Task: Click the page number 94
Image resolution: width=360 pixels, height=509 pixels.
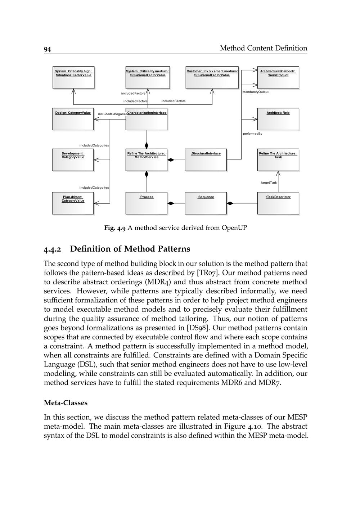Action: (47, 49)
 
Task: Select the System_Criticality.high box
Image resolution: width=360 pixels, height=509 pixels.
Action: (73, 77)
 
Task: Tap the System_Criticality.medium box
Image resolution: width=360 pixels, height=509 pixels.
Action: (148, 77)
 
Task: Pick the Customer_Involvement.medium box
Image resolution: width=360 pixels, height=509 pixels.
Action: (212, 77)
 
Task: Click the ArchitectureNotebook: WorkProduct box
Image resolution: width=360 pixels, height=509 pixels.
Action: (278, 77)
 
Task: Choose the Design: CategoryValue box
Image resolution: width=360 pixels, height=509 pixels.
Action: (73, 119)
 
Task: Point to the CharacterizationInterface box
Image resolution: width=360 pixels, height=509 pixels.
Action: (147, 119)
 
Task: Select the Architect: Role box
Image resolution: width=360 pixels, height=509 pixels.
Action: (278, 119)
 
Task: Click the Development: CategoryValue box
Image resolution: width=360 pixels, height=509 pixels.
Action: (73, 160)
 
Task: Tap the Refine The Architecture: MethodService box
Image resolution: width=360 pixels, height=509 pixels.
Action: (147, 160)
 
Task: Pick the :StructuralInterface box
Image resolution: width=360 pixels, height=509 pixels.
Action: (206, 160)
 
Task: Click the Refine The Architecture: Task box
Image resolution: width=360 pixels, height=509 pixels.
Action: (278, 160)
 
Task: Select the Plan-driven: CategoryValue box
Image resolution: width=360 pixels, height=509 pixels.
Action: (73, 203)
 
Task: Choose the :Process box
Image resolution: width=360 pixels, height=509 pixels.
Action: (147, 203)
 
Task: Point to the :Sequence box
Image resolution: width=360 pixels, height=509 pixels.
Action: (206, 203)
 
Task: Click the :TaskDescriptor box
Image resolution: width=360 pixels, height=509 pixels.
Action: (278, 203)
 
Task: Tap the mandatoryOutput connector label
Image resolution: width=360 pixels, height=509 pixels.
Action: (255, 92)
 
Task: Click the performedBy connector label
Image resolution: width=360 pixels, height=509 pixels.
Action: (252, 134)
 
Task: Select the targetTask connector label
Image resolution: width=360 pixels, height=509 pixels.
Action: (269, 183)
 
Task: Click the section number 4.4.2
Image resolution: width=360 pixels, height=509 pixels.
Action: (53, 249)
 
